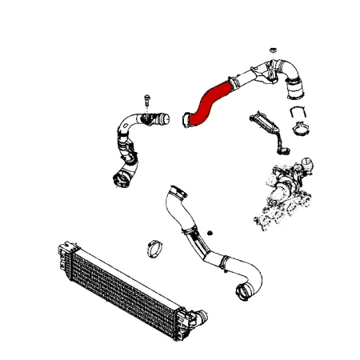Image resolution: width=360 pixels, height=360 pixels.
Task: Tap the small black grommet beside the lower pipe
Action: [x=210, y=232]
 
